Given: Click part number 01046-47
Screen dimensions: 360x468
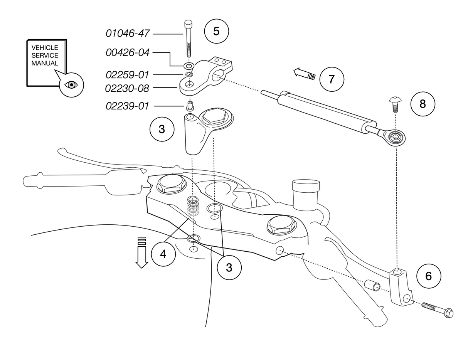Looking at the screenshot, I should [x=128, y=34].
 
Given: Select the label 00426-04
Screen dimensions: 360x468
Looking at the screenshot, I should [x=128, y=53].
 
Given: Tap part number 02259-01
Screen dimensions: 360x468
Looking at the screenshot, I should [x=128, y=74].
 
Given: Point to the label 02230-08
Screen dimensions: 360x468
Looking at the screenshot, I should [x=127, y=89].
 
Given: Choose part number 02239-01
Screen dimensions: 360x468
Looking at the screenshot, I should [x=128, y=106].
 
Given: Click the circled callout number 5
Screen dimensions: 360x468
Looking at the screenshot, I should [x=216, y=31].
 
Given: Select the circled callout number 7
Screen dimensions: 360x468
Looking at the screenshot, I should [x=331, y=79].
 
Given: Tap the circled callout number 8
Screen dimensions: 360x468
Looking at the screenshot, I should [x=423, y=104].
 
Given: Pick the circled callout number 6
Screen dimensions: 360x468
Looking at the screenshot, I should [x=429, y=276].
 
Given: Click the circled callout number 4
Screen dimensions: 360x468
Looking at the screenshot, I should [x=163, y=254].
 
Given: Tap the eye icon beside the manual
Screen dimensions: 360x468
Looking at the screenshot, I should [x=71, y=85].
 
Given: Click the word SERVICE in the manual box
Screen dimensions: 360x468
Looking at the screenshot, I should [x=45, y=56].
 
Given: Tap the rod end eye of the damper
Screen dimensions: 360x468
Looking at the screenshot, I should [x=395, y=137].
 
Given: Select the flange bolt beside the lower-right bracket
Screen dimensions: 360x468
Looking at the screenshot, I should [x=438, y=310].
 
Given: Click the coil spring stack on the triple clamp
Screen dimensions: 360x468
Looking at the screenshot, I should [x=193, y=207].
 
